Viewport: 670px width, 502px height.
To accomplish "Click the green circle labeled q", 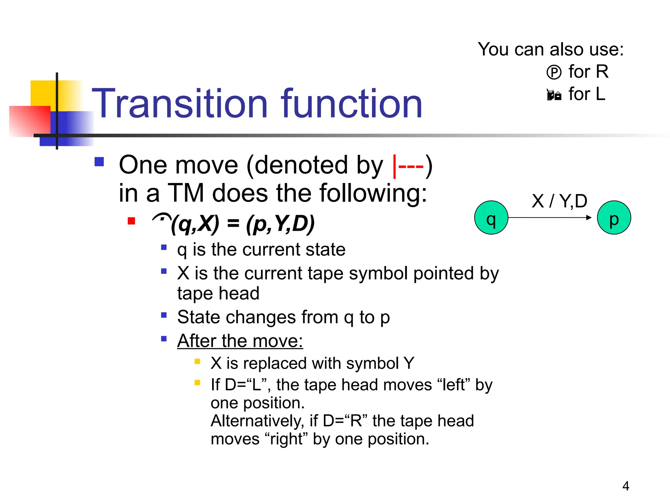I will pyautogui.click(x=491, y=218).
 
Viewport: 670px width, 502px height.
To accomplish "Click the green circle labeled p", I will pyautogui.click(x=614, y=218).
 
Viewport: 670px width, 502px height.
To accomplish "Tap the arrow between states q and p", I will pyautogui.click(x=550, y=218).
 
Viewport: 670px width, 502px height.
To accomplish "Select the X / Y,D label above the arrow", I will pyautogui.click(x=559, y=201).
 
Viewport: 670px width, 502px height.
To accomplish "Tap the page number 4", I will pyautogui.click(x=626, y=486).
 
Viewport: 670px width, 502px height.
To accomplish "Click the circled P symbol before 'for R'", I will pyautogui.click(x=554, y=72).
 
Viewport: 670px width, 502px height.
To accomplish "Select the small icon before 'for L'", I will pyautogui.click(x=554, y=95).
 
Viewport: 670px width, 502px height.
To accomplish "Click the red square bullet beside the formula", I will pyautogui.click(x=132, y=221).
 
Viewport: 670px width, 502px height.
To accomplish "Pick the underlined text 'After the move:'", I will pyautogui.click(x=240, y=341).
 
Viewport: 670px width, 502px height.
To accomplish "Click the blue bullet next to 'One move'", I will pyautogui.click(x=99, y=162).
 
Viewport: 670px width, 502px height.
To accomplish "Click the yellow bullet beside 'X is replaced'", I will pyautogui.click(x=197, y=361).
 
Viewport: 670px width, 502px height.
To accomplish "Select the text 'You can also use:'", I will pyautogui.click(x=551, y=49).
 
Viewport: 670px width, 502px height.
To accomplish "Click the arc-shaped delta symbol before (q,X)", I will pyautogui.click(x=162, y=218).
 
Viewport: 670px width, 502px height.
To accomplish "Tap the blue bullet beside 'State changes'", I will pyautogui.click(x=164, y=315).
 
